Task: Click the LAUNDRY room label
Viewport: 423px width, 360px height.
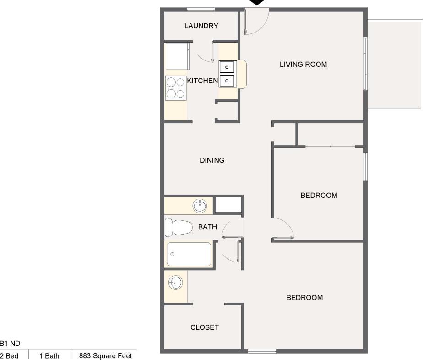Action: point(201,26)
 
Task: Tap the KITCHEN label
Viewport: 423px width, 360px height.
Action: point(202,81)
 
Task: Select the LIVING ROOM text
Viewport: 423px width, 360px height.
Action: point(303,65)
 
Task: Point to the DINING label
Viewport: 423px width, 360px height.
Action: point(212,160)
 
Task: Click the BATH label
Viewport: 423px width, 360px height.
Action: point(207,227)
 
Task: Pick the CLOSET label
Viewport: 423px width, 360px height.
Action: point(204,327)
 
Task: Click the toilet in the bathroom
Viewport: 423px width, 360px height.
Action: point(179,227)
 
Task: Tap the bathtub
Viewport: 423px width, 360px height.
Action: point(189,254)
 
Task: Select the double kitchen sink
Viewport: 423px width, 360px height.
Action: point(228,74)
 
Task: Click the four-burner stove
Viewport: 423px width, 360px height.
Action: point(175,88)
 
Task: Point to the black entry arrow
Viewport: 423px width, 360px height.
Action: point(257,3)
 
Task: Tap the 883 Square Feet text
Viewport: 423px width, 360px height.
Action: point(105,356)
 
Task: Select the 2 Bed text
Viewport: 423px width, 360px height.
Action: point(9,356)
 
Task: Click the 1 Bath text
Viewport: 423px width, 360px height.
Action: point(49,356)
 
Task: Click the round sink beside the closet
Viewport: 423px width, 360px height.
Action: point(175,283)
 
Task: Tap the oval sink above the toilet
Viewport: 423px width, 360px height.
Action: point(200,206)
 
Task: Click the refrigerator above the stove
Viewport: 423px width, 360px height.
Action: point(177,56)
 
